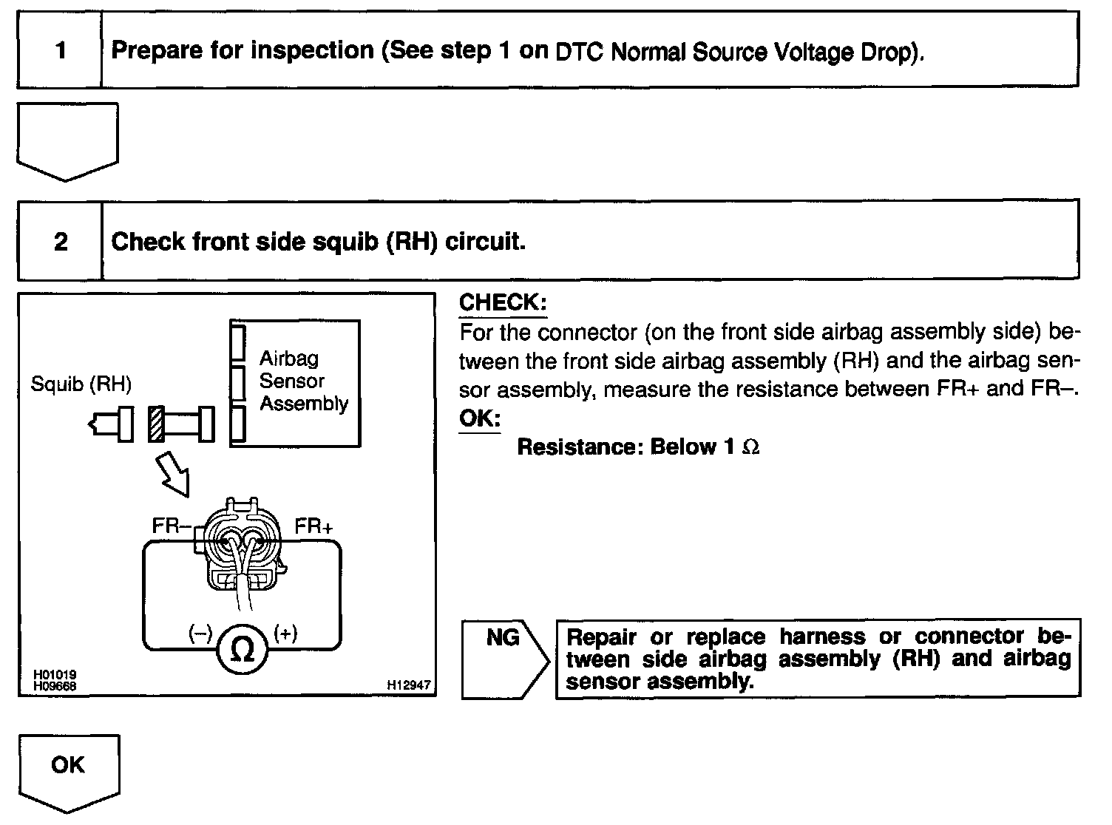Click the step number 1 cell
point(60,50)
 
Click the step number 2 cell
point(60,242)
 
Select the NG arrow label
point(504,638)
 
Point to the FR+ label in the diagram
point(313,526)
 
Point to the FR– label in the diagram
point(171,526)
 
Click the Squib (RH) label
point(81,384)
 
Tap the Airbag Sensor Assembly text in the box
point(303,381)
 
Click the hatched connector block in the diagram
point(155,424)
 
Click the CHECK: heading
point(503,302)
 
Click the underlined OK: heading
point(479,418)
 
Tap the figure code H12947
point(408,685)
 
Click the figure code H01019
point(55,675)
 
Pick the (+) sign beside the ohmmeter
point(285,634)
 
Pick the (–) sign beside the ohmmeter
point(200,634)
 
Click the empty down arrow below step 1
point(67,140)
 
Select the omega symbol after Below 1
point(750,448)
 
